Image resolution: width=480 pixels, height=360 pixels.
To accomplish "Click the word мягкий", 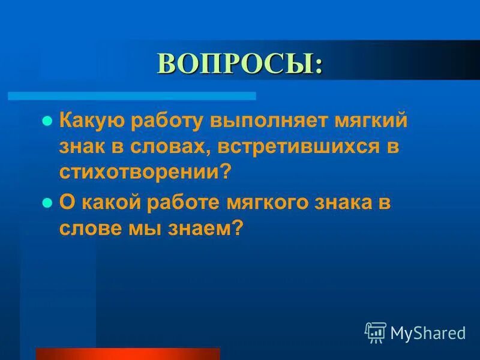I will (370, 121).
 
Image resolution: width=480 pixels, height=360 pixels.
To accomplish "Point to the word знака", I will (347, 203).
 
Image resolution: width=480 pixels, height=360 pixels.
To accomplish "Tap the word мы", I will (144, 229).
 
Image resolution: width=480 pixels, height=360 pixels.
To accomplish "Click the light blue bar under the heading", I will (131, 96).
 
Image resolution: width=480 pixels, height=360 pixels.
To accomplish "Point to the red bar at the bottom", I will (128, 353).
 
